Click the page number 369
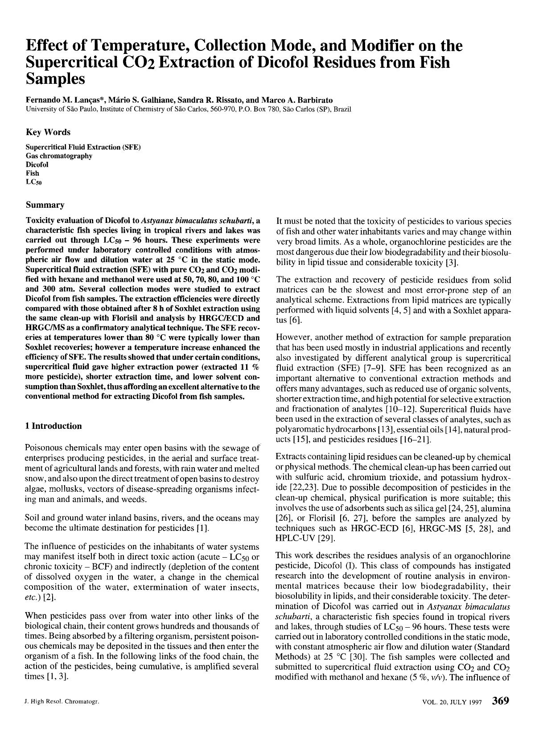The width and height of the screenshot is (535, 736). [x=500, y=700]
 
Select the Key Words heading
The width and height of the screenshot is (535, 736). [x=48, y=132]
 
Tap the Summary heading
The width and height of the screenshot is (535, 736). [x=45, y=205]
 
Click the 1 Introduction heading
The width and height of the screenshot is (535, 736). [x=54, y=426]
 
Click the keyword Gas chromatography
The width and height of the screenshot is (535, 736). [x=59, y=156]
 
